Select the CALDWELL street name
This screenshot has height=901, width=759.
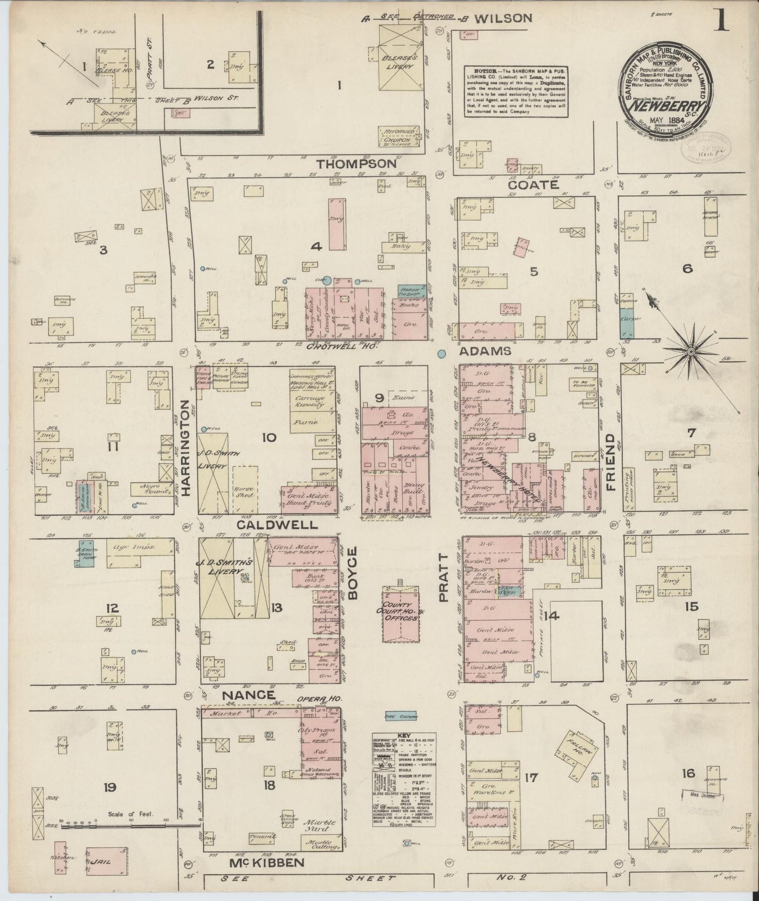(277, 525)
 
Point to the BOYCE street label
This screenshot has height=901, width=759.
(352, 573)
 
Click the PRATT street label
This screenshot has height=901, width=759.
(444, 577)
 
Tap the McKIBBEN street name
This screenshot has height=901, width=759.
(266, 863)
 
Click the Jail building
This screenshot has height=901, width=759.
(106, 861)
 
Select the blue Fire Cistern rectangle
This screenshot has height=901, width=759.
(401, 716)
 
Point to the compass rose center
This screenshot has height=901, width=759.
(691, 351)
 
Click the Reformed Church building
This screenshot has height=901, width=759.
(400, 136)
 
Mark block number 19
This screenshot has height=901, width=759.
(110, 787)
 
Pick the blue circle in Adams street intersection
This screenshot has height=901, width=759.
(442, 354)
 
